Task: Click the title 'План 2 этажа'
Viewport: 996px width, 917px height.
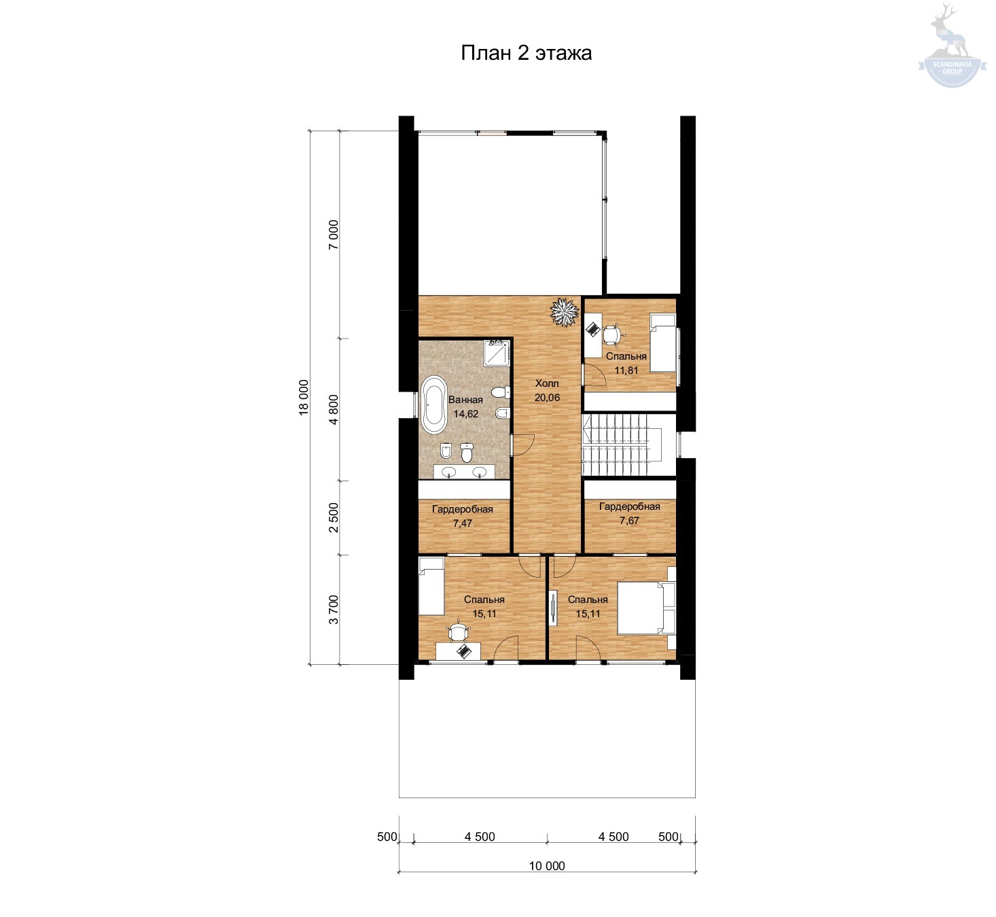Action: click(x=526, y=53)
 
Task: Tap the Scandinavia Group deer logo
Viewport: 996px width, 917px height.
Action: click(x=952, y=45)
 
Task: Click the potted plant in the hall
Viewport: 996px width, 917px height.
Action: click(x=564, y=312)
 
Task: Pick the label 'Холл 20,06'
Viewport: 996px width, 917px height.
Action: click(x=547, y=390)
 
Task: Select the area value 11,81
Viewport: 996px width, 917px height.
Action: click(x=626, y=370)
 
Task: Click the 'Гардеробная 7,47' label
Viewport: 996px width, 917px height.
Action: click(x=462, y=516)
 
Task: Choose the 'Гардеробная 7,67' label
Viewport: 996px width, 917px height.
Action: click(x=629, y=513)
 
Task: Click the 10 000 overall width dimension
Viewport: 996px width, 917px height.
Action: click(x=547, y=866)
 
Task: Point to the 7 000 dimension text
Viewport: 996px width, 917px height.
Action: click(x=334, y=235)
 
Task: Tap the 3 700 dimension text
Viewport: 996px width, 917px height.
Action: click(x=334, y=609)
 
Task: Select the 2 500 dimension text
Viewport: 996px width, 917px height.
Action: click(x=334, y=517)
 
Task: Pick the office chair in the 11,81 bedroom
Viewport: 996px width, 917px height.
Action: click(x=611, y=334)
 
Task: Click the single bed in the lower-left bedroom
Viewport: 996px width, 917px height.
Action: click(x=431, y=586)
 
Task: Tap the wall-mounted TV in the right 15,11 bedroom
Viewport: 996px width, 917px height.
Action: click(x=553, y=606)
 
